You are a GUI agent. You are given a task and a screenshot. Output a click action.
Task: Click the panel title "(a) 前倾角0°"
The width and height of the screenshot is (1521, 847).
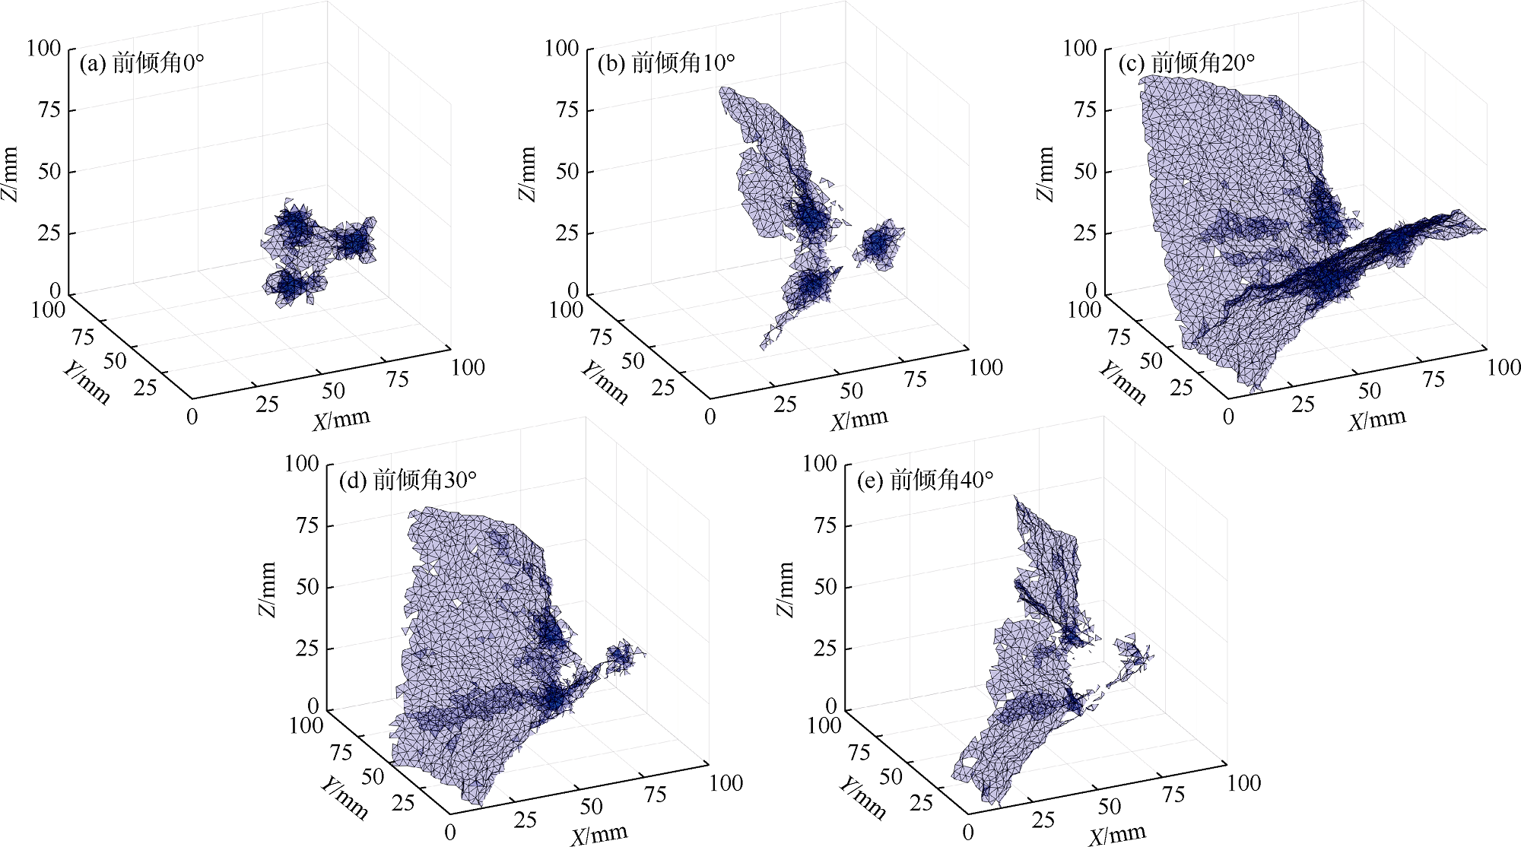point(141,62)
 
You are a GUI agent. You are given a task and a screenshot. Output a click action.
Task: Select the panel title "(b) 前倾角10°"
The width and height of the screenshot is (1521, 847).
point(666,62)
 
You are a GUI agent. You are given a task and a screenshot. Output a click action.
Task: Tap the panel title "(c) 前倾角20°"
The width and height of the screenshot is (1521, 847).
point(1186,62)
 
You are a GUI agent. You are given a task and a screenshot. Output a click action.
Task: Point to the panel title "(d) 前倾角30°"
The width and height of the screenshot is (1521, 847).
point(408,480)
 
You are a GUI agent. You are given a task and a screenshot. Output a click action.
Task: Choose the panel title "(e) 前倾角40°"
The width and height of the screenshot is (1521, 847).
point(925,480)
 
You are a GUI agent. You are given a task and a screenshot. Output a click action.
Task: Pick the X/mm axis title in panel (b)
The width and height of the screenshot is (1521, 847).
point(859,419)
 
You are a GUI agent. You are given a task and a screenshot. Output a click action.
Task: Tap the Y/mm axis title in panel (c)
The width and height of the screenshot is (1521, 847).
point(1122,381)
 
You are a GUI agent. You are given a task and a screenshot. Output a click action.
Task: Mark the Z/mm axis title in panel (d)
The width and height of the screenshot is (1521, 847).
point(268,589)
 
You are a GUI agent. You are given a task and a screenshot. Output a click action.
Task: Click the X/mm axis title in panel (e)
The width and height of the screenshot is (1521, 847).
point(1116,835)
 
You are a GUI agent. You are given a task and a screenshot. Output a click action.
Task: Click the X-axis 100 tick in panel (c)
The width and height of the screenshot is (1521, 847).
point(1504,367)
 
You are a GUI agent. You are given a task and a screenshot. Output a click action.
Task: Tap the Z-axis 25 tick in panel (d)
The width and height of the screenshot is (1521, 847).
point(306,649)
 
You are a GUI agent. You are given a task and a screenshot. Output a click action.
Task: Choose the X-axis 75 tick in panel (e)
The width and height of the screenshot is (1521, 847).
point(1173,795)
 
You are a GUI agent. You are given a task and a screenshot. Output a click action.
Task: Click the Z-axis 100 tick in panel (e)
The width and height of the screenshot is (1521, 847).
point(819,463)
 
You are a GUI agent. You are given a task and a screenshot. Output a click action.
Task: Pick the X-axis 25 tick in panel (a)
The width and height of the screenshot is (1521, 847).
point(267,404)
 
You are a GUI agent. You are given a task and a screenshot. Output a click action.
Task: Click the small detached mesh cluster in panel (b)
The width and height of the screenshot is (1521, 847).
point(879,244)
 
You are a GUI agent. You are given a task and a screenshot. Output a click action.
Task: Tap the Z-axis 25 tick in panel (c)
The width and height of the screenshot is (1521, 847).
point(1085,233)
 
